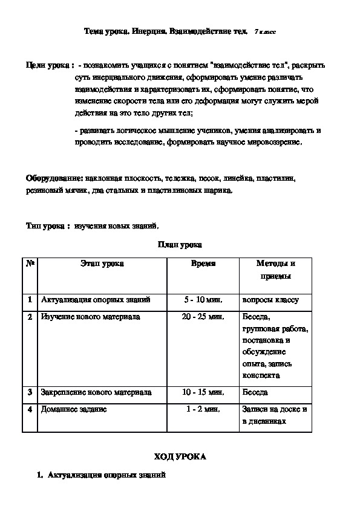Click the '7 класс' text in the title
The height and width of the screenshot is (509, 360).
265,31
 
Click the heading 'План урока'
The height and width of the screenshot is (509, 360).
180,245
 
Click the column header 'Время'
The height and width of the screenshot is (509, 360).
203,264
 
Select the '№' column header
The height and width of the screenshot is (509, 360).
30,264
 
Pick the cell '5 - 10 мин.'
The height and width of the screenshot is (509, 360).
203,299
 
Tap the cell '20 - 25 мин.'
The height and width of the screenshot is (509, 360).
203,316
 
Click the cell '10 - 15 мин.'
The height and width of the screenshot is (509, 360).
203,392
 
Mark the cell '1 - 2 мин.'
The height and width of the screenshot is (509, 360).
203,409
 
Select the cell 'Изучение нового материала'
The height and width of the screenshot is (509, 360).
90,316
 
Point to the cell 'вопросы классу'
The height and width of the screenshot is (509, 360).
270,299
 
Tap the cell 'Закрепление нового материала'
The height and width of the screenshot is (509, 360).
96,392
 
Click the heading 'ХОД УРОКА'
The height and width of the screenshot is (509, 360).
180,456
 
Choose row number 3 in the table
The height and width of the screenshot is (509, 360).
30,392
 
